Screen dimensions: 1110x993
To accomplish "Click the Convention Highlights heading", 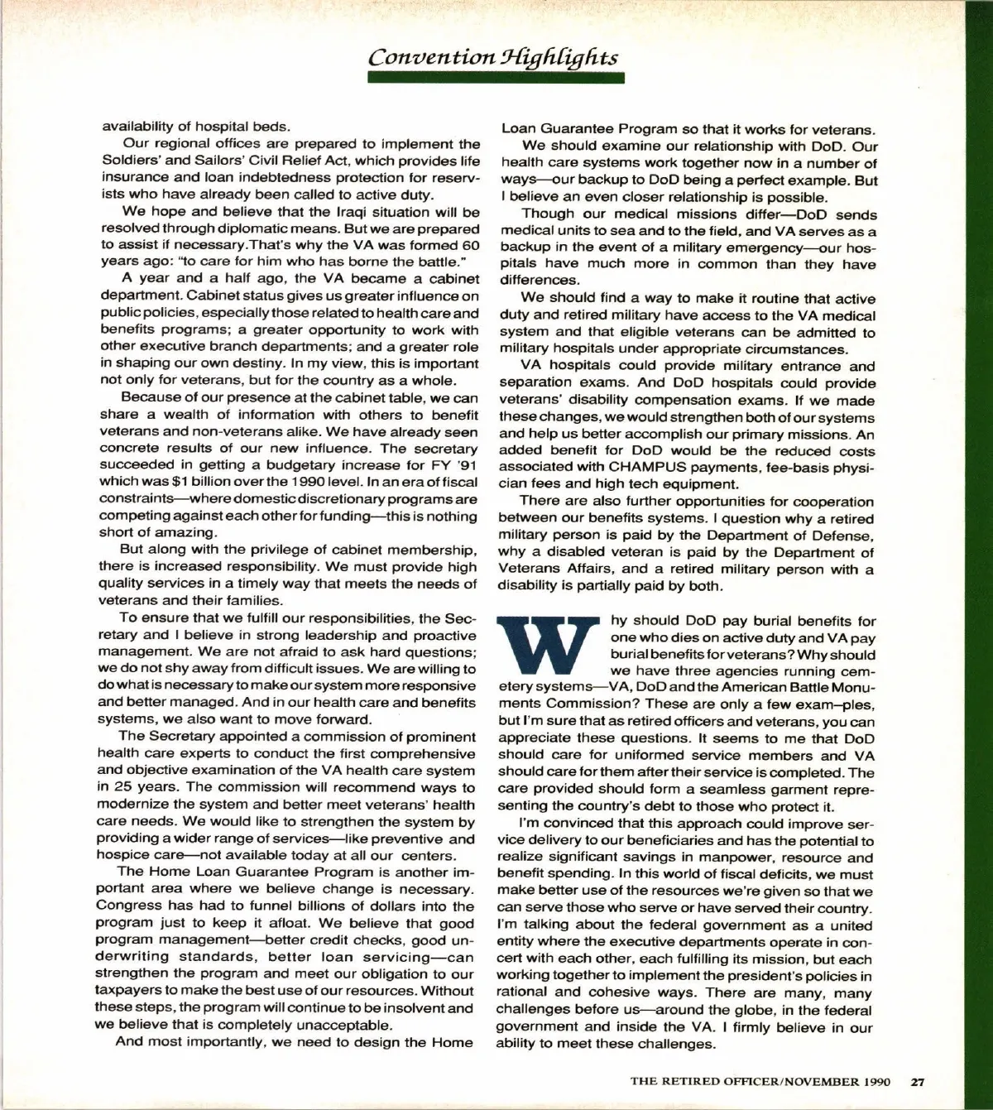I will (x=493, y=57).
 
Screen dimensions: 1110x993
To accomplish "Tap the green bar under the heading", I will (x=495, y=78).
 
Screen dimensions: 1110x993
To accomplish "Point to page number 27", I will (x=919, y=1080).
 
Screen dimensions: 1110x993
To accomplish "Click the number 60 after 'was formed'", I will (x=470, y=245).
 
